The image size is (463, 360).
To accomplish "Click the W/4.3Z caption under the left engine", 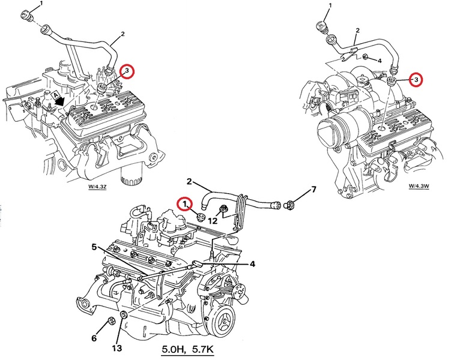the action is (x=97, y=187).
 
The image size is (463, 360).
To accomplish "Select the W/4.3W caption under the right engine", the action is (x=419, y=186).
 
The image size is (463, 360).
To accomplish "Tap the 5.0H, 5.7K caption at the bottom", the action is (x=187, y=349).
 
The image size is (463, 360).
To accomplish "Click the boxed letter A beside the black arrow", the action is (x=55, y=95).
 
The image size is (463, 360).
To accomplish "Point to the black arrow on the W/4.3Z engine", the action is (x=61, y=101).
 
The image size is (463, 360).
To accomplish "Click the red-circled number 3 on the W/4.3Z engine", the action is (x=127, y=71).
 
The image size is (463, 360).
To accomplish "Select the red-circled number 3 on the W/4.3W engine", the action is (x=416, y=79).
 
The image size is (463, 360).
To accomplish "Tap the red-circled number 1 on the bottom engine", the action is (x=184, y=204).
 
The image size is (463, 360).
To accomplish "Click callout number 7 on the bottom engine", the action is (x=314, y=189).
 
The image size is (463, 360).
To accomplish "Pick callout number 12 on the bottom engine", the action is (x=213, y=220).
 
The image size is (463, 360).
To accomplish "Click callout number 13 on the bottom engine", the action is (x=117, y=348).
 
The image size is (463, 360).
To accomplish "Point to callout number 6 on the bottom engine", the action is (x=94, y=338).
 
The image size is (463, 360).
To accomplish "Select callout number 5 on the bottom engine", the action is (x=94, y=247).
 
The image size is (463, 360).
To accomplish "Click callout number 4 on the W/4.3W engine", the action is (x=380, y=61).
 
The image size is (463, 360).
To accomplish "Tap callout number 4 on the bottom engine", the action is (x=252, y=264).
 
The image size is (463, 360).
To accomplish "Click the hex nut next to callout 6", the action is (x=112, y=321).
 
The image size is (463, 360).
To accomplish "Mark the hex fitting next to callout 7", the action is (x=288, y=205).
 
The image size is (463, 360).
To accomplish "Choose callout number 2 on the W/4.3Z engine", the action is (x=123, y=34).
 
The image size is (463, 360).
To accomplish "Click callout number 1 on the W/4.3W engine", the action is (x=330, y=5).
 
